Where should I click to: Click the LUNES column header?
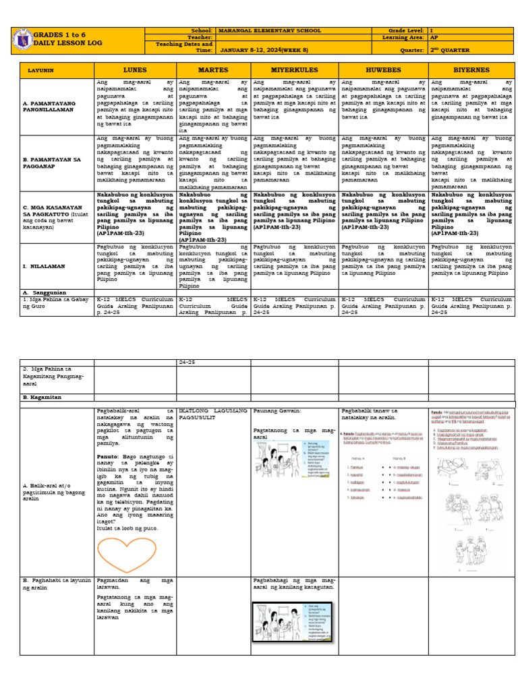pos(135,70)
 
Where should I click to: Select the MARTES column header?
pos(213,70)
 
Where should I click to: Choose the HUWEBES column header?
pos(382,70)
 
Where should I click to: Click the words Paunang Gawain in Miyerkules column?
pos(277,410)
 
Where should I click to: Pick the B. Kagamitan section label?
pos(42,398)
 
